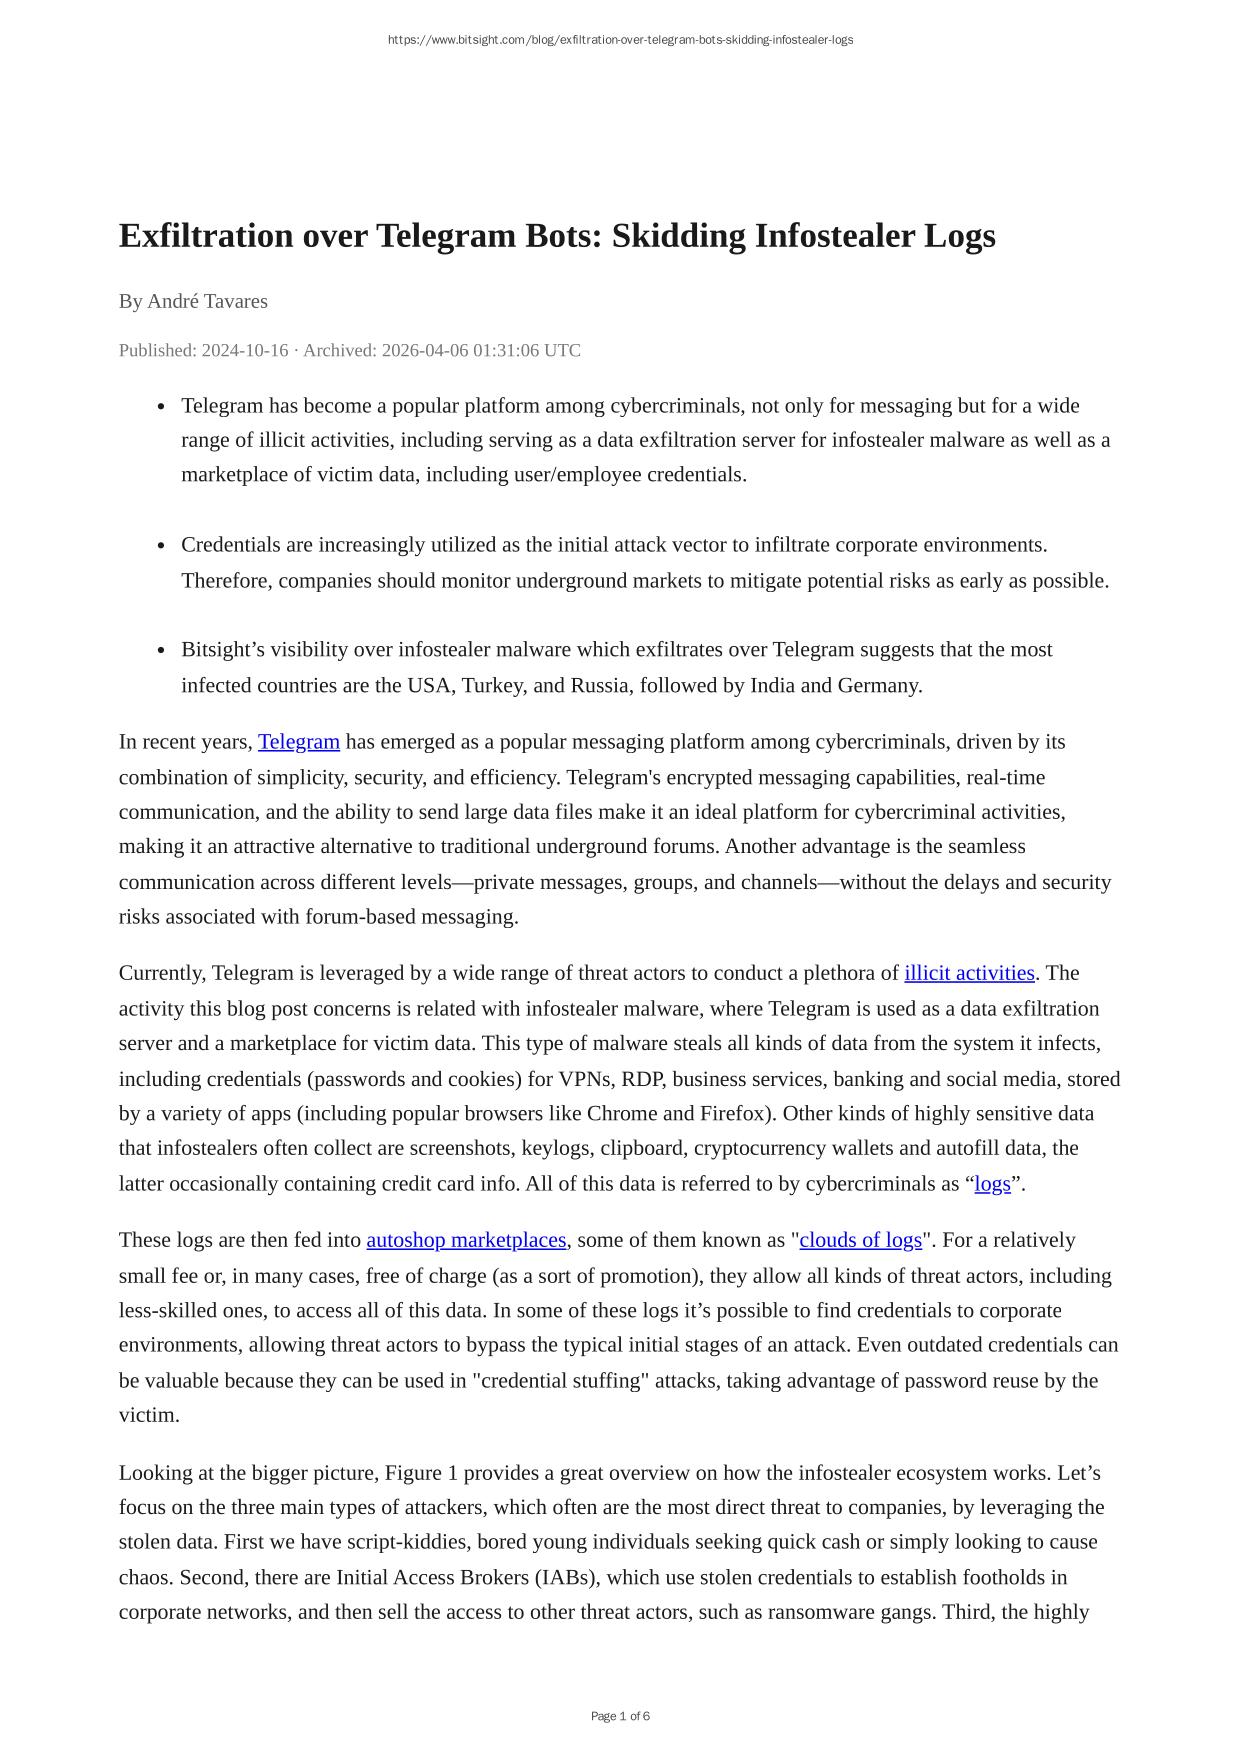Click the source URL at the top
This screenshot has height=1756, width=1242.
click(x=620, y=40)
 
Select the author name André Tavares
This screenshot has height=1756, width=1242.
click(x=207, y=301)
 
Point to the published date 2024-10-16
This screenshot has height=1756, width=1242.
click(x=245, y=350)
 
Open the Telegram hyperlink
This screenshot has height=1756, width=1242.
click(x=298, y=742)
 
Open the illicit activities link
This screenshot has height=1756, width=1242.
click(x=969, y=973)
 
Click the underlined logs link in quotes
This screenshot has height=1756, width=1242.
click(x=992, y=1184)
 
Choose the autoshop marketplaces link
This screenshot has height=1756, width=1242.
click(x=466, y=1240)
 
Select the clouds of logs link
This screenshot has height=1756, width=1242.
click(x=860, y=1240)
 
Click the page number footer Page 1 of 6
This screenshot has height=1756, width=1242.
click(x=620, y=1716)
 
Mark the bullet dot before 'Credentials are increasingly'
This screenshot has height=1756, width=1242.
click(x=161, y=546)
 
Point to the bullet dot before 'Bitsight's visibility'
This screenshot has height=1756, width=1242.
click(x=161, y=651)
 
